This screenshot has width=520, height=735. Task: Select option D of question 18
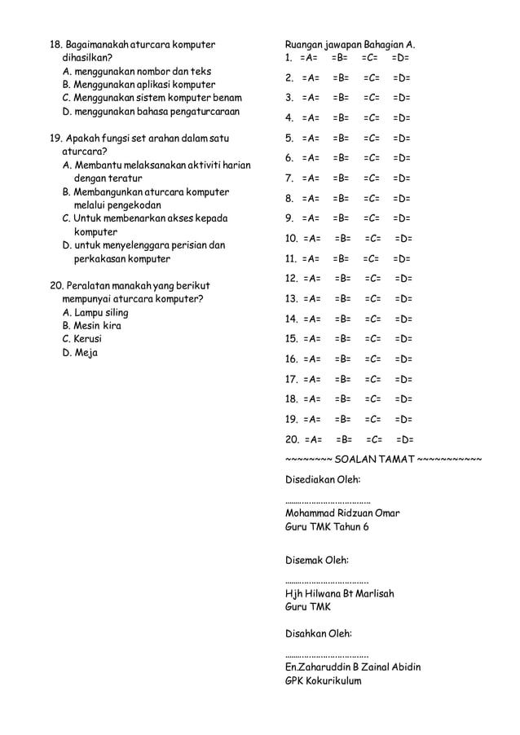click(x=152, y=111)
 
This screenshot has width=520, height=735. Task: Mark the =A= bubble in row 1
click(x=309, y=59)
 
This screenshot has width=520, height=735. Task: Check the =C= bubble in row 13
click(x=374, y=299)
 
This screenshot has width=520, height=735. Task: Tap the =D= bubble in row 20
click(x=405, y=440)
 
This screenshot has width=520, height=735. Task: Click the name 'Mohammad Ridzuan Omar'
click(x=342, y=513)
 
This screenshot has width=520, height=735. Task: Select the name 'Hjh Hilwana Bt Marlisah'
click(x=340, y=594)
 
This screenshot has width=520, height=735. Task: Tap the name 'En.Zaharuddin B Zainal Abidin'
click(x=353, y=667)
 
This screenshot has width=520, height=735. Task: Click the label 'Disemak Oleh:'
click(x=316, y=561)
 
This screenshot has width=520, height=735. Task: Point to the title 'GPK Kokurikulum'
click(x=323, y=681)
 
